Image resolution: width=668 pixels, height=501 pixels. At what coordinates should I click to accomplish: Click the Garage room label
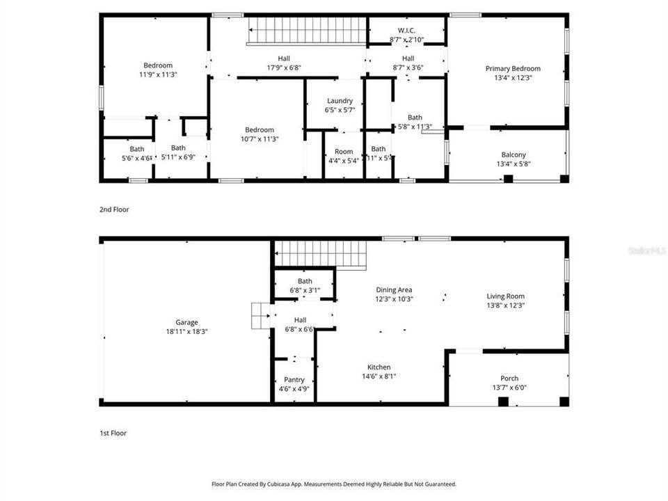[186, 322]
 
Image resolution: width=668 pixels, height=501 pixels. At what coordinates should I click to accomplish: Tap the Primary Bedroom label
[513, 68]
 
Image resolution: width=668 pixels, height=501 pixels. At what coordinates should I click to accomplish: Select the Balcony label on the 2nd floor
[514, 154]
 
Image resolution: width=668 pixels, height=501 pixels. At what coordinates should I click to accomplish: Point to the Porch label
[509, 379]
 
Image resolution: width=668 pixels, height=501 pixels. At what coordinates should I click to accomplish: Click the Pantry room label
[294, 379]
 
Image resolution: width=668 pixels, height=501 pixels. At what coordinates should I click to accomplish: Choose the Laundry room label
[340, 101]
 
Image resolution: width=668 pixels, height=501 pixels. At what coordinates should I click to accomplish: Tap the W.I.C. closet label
[407, 31]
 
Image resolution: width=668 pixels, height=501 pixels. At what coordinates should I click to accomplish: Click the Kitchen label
[379, 367]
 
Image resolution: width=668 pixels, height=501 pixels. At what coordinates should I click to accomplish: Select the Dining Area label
[395, 289]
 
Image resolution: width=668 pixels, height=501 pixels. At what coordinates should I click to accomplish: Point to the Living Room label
[505, 296]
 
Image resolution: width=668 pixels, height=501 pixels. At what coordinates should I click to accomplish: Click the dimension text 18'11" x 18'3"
[186, 332]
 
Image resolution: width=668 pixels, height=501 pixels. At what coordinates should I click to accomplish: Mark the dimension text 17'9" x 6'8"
[283, 67]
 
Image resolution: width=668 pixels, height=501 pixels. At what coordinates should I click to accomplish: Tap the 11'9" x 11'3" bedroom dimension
[158, 74]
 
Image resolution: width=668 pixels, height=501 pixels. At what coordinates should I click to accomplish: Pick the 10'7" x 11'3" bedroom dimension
[259, 138]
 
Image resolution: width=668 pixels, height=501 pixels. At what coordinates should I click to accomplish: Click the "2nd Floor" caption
[113, 209]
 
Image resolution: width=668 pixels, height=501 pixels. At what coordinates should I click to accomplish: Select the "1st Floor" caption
[113, 433]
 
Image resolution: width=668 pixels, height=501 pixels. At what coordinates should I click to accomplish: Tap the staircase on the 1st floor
[321, 253]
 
